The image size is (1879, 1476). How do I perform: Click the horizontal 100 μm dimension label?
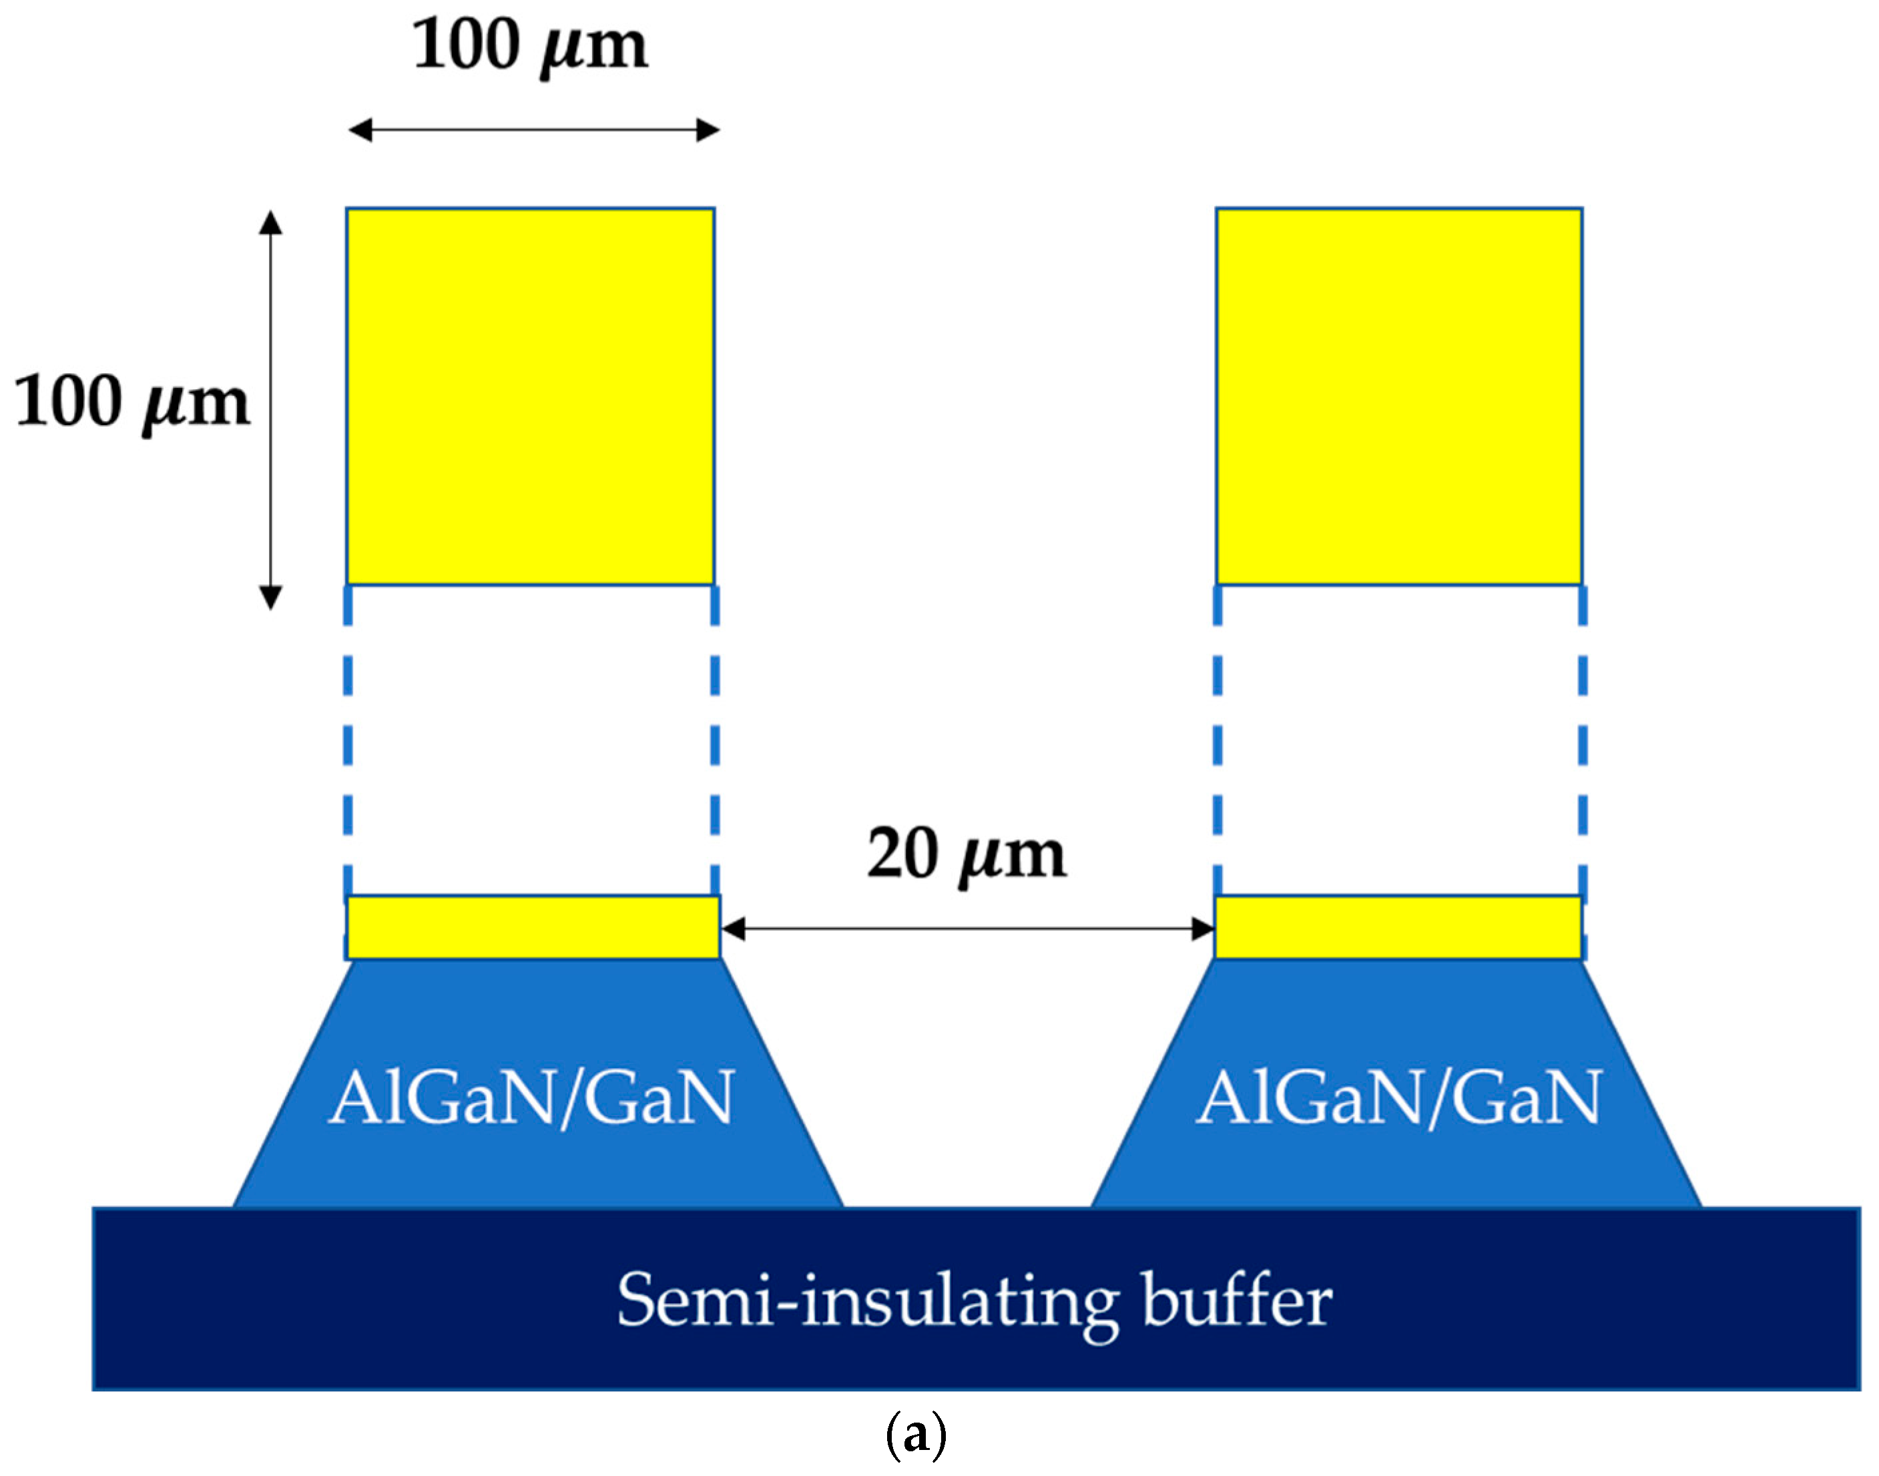(529, 47)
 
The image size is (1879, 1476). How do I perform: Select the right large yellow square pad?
(1398, 396)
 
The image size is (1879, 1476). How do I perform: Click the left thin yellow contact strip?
(532, 927)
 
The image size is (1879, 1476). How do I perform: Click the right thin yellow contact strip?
(1398, 927)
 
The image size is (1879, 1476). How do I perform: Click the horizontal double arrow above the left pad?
(533, 130)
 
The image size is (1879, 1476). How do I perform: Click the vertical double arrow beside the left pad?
(271, 410)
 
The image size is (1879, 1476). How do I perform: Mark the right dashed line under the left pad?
(714, 743)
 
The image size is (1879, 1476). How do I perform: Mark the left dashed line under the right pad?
(1218, 743)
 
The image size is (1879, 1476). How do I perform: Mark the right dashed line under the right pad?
(1582, 743)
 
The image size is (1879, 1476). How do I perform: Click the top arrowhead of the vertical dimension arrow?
(271, 222)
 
